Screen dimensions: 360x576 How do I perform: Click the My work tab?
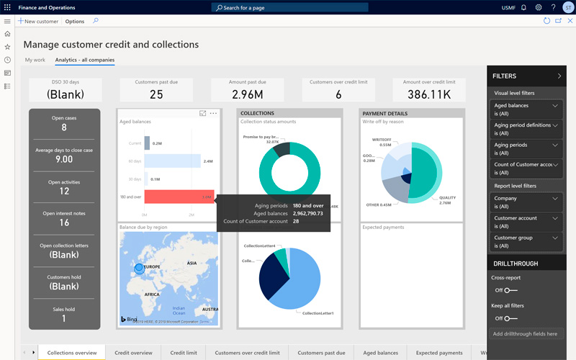(x=35, y=60)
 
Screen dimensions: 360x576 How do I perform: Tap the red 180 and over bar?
(x=179, y=197)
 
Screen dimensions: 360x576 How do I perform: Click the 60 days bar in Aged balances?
(x=172, y=161)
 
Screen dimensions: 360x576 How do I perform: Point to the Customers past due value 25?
(x=156, y=94)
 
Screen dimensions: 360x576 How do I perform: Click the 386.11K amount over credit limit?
(x=428, y=94)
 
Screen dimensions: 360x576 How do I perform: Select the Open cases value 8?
(x=64, y=127)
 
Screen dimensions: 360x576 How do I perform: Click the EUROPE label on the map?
(x=153, y=266)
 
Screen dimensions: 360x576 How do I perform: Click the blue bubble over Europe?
(x=139, y=269)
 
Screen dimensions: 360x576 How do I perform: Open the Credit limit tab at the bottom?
(x=184, y=353)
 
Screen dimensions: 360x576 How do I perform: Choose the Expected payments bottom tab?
(x=439, y=353)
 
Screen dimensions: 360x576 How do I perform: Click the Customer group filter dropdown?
(x=525, y=241)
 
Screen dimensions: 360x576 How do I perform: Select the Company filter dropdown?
(x=525, y=202)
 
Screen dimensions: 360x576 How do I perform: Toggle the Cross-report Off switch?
(x=510, y=290)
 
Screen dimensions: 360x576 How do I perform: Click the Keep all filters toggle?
(x=510, y=318)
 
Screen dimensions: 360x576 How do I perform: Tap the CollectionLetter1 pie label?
(x=318, y=313)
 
